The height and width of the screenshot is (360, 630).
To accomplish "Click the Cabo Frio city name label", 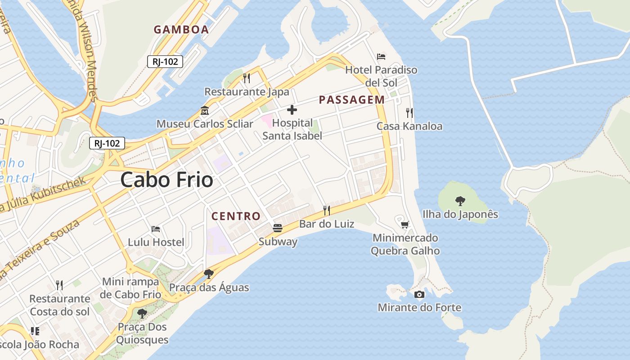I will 166,180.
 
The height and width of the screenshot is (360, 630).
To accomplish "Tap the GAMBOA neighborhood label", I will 181,30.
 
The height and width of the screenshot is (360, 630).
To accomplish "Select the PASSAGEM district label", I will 352,100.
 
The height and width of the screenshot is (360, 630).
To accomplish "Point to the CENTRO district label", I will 236,216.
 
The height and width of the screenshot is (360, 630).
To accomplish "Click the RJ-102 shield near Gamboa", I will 165,62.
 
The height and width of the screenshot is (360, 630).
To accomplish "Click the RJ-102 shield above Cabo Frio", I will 107,143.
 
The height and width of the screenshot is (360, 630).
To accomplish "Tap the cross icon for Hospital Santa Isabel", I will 292,109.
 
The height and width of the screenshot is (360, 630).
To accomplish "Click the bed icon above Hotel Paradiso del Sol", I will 381,57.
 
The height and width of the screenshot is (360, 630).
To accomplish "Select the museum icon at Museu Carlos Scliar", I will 205,110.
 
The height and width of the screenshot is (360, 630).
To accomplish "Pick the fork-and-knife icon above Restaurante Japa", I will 247,78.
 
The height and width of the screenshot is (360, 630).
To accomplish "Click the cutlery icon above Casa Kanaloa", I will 409,112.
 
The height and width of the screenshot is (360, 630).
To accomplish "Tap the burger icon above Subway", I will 278,228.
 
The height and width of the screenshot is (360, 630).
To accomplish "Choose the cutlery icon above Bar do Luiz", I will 327,210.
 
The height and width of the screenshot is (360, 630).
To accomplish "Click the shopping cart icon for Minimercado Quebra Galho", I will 405,224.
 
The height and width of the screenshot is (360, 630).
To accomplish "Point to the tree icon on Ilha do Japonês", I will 460,201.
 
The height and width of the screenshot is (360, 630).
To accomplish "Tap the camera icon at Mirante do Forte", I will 419,294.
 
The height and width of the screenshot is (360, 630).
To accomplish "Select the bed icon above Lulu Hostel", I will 156,229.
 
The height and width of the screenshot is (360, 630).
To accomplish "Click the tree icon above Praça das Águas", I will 208,274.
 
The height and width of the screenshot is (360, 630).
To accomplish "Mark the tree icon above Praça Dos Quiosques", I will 142,313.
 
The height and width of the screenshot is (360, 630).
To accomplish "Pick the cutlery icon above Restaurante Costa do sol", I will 59,285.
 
